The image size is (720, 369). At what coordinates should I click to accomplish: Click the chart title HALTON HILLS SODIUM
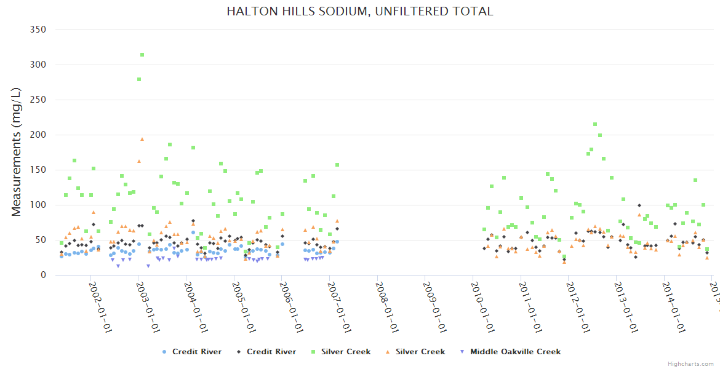tap(360, 12)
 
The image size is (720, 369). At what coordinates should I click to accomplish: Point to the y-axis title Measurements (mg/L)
tap(17, 152)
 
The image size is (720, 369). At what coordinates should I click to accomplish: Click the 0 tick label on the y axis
tap(44, 275)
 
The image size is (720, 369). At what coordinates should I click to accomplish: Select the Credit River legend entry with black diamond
tap(265, 352)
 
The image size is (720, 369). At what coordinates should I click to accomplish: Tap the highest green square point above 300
tap(142, 55)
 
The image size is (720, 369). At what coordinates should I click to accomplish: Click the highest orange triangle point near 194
tap(142, 139)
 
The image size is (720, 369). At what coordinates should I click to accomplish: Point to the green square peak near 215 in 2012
tap(595, 124)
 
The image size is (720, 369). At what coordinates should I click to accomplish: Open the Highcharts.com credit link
tap(690, 363)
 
